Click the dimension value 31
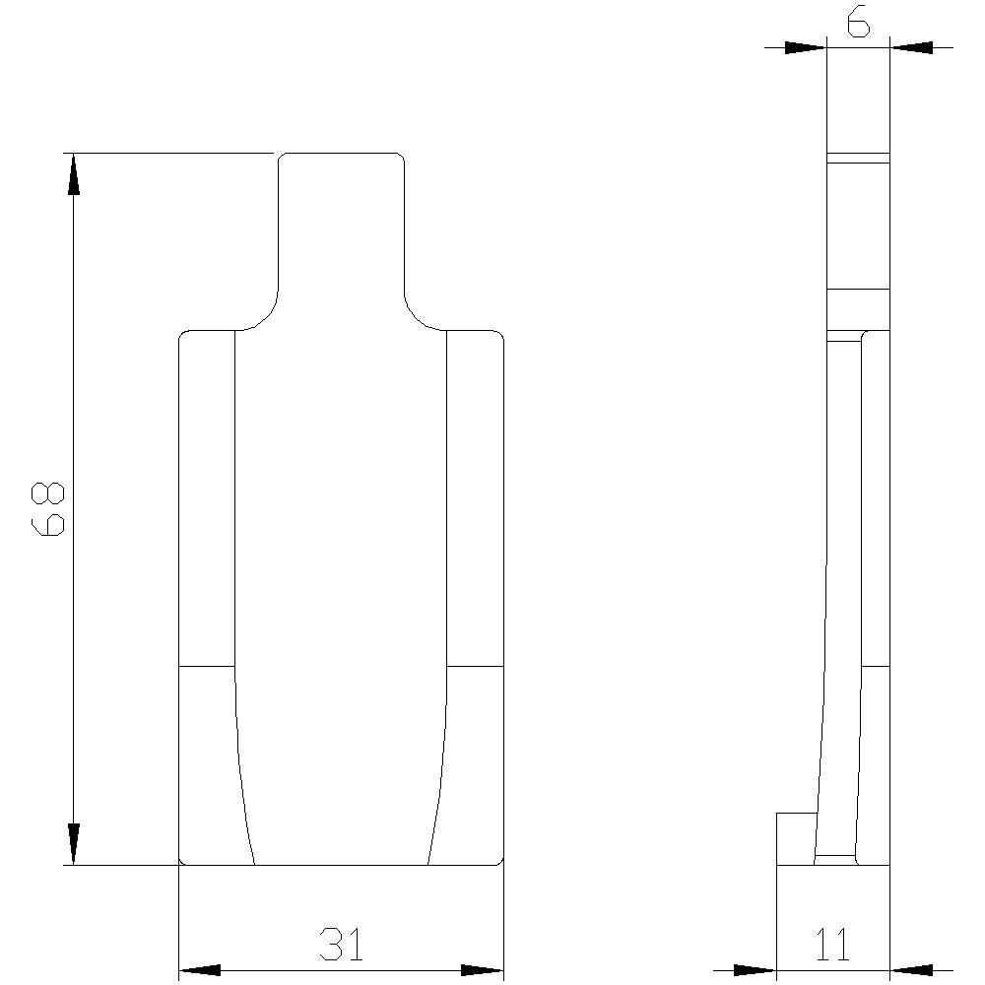[341, 945]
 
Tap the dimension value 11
[833, 945]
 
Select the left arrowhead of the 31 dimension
[200, 970]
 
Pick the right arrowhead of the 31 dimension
[483, 970]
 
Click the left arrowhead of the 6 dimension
[806, 46]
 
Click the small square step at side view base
[796, 838]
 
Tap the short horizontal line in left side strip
[206, 667]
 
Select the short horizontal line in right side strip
[475, 667]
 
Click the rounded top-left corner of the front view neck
[282, 158]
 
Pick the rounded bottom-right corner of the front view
[499, 861]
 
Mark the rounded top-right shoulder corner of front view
[499, 336]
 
